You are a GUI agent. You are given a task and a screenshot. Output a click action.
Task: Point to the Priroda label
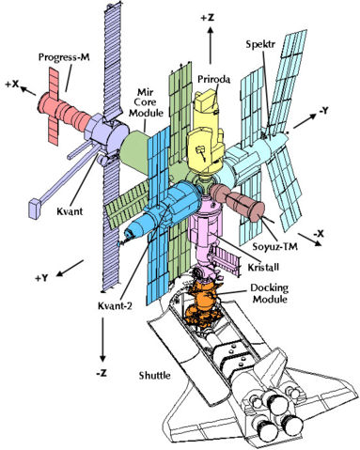coord(215,68)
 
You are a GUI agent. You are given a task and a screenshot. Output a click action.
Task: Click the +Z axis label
coord(209,17)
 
